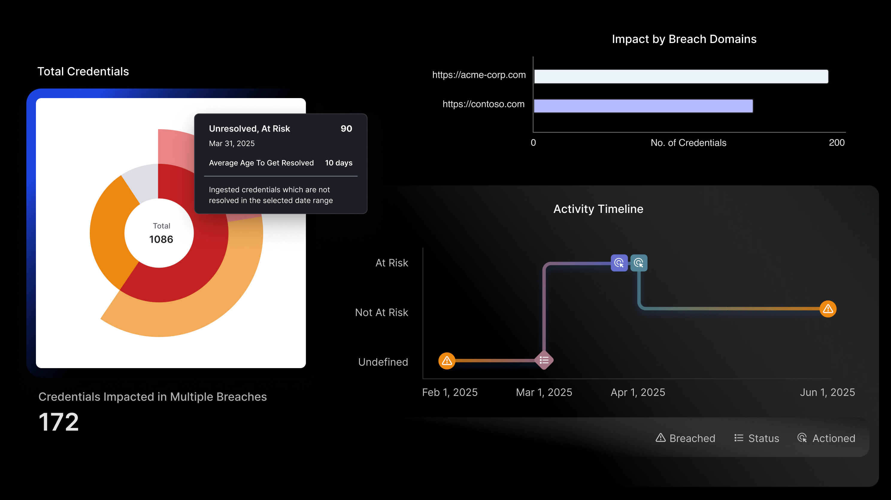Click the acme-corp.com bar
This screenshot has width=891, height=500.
[x=681, y=76]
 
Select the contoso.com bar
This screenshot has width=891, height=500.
[x=643, y=106]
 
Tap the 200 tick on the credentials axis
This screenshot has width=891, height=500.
[x=837, y=143]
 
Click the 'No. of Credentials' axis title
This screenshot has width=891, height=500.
[x=688, y=143]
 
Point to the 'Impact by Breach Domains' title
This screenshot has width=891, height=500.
[x=684, y=39]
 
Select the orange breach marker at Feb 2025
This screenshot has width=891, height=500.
[x=447, y=361]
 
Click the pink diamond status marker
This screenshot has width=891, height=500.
[x=544, y=360]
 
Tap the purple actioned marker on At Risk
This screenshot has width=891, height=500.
[x=619, y=263]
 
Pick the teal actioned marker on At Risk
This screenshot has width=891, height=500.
[x=639, y=263]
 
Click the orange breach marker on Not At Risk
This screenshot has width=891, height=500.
[x=828, y=309]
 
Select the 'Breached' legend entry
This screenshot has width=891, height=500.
[x=685, y=438]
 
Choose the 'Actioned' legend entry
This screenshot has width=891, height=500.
[x=826, y=438]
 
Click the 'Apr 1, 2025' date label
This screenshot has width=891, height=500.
[x=638, y=393]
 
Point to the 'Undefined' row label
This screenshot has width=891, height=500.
[x=383, y=362]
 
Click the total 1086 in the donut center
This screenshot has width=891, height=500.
[x=161, y=239]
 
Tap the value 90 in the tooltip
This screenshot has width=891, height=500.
[x=346, y=129]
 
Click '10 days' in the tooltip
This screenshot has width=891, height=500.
[x=339, y=163]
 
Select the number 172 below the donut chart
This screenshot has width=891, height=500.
[x=59, y=422]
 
